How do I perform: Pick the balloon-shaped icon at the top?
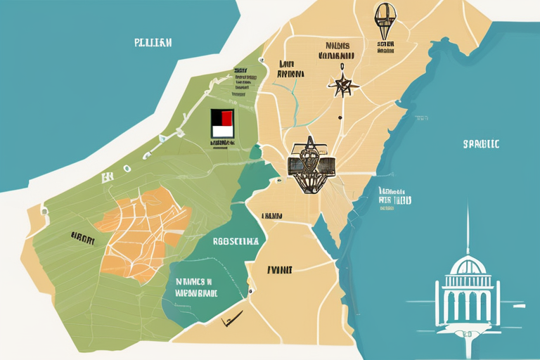coord(383,20)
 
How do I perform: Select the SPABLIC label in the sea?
coord(481,144)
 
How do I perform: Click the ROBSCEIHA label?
coord(236,240)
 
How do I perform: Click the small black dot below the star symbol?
coord(340,118)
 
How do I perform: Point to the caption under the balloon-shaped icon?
coord(385,46)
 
